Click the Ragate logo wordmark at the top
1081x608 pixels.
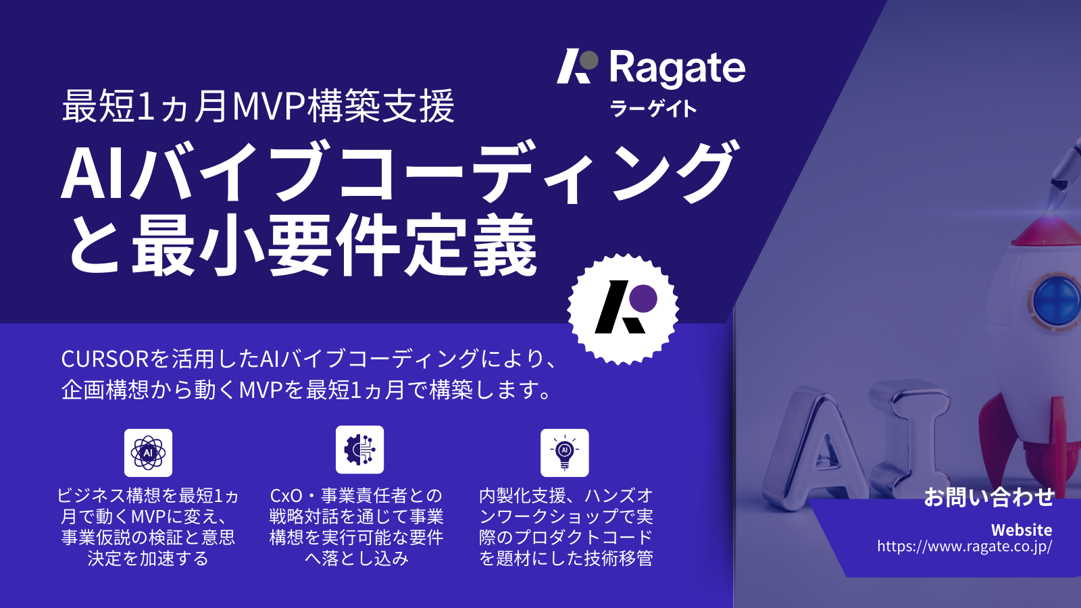coord(677,68)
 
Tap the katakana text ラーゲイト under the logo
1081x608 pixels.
coord(653,109)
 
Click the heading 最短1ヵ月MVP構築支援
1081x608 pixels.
coord(258,107)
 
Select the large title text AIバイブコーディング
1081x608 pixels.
coord(399,172)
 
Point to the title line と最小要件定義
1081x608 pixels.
coord(302,245)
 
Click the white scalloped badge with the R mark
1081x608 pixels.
coord(623,309)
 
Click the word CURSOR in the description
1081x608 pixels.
coord(105,359)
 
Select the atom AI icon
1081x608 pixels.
coord(148,453)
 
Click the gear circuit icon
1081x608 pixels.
coord(359,449)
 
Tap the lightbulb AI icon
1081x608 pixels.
coord(565,453)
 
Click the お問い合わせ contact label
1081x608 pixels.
coord(988,497)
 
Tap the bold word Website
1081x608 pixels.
coord(1021,530)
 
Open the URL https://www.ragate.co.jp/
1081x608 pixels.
coord(964,547)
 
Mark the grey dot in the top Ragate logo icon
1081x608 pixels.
coord(589,60)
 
